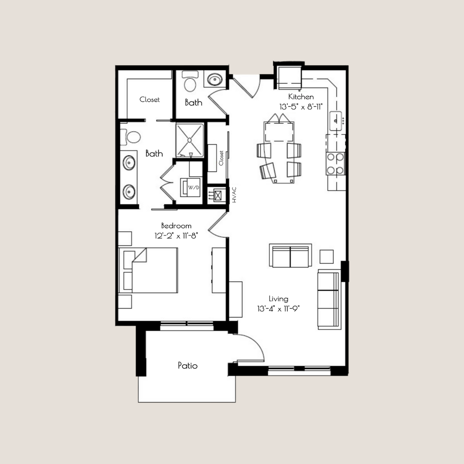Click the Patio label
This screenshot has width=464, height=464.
[x=188, y=366]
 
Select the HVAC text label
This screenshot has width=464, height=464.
[x=234, y=195]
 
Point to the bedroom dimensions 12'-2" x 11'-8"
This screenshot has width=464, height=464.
[x=176, y=235]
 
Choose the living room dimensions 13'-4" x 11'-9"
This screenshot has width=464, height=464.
[x=278, y=308]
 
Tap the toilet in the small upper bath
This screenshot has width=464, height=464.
[x=189, y=82]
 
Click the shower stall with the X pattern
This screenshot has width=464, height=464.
[x=189, y=140]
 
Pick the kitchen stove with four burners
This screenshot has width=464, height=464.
[x=336, y=164]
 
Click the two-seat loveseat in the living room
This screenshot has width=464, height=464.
[x=290, y=256]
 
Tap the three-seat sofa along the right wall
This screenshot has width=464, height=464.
[x=329, y=299]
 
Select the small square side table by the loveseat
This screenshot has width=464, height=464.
[x=327, y=256]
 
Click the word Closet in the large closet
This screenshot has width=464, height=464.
[x=150, y=100]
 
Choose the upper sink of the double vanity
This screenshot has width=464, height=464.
[x=129, y=163]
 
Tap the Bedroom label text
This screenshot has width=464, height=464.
[x=176, y=226]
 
